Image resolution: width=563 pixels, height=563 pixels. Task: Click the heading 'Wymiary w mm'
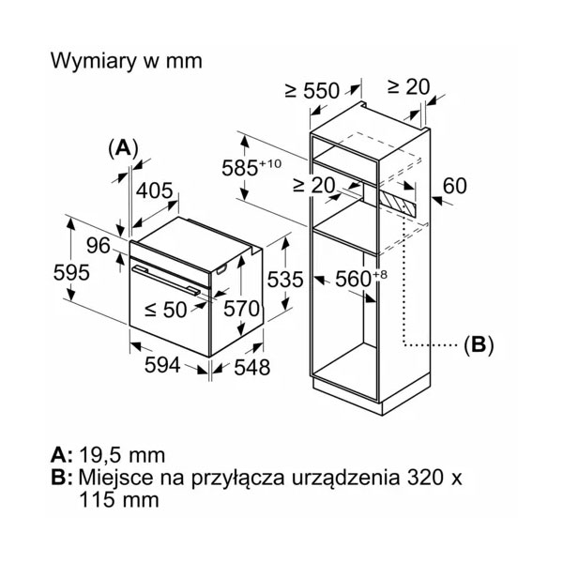click(125, 61)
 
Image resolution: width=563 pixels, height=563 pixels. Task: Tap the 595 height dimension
click(71, 273)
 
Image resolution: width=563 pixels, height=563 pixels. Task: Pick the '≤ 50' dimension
click(165, 309)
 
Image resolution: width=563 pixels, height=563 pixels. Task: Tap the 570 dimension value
click(239, 309)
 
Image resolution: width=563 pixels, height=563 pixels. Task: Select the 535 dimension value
click(285, 279)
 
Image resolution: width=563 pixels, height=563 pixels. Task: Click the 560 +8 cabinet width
click(361, 279)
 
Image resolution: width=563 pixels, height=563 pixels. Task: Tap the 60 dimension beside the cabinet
click(454, 186)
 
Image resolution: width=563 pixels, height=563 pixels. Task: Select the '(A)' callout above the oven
click(123, 146)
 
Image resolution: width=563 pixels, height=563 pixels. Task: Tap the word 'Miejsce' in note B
click(113, 478)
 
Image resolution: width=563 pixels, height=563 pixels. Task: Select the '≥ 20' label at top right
click(408, 86)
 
